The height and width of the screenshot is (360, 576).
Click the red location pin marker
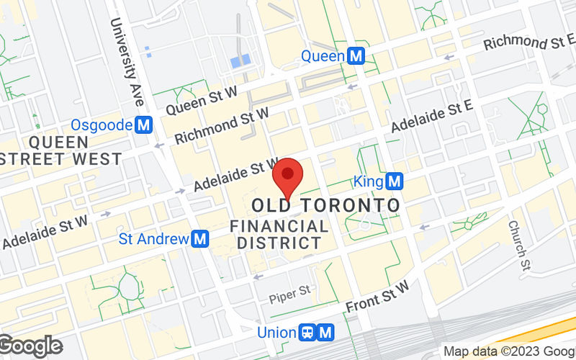(289, 176)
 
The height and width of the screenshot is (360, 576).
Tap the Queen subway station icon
(355, 55)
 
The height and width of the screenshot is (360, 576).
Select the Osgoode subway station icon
(144, 125)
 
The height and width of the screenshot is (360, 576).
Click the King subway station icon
(394, 181)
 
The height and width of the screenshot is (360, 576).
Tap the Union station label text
(277, 332)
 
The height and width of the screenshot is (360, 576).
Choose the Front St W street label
(377, 295)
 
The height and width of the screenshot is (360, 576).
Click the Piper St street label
(289, 294)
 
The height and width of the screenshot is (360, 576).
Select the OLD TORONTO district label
(326, 205)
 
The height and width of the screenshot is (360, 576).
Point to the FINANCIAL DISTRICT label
(279, 234)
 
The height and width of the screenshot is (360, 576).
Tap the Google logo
(30, 346)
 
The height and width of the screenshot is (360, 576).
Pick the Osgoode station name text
(102, 125)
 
